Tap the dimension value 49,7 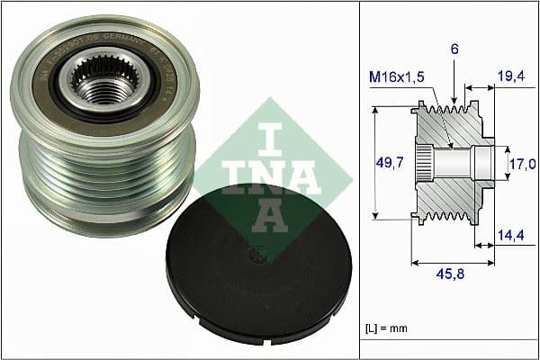pos(388,162)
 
